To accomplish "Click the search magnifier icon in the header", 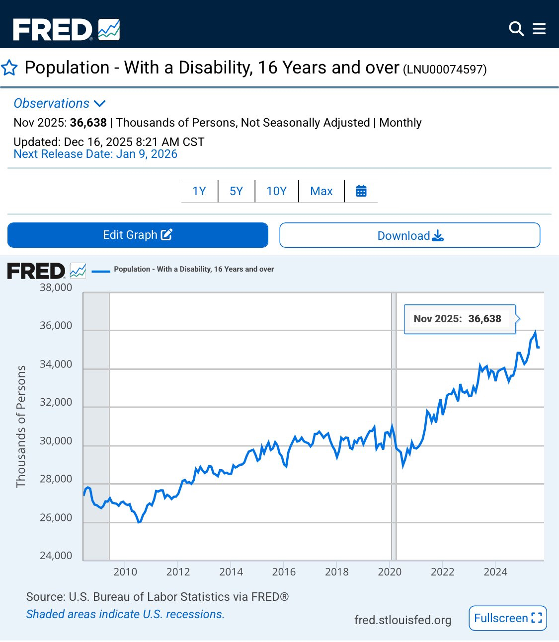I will click(x=516, y=29).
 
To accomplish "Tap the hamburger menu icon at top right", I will click(x=539, y=29).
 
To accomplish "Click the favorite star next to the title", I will click(x=9, y=68).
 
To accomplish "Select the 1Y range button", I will click(x=199, y=191).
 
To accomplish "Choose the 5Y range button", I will click(x=236, y=191).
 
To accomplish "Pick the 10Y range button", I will click(x=276, y=191).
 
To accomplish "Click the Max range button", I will click(x=321, y=191).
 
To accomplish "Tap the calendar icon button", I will click(x=361, y=191).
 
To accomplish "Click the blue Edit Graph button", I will click(x=138, y=235).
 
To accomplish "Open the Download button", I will click(x=409, y=235).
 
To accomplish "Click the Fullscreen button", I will click(x=507, y=618).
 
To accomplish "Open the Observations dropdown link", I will click(x=60, y=103).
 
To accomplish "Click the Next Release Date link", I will click(x=95, y=154).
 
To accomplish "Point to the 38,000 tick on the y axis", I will click(x=56, y=287).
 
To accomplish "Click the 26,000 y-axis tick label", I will click(x=56, y=517).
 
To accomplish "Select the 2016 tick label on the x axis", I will click(x=284, y=572).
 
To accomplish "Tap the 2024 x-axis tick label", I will click(x=495, y=572).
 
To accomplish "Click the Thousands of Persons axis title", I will click(x=21, y=427).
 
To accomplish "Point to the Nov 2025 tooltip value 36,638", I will click(x=484, y=319).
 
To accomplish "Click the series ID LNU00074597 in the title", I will click(x=444, y=70).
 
